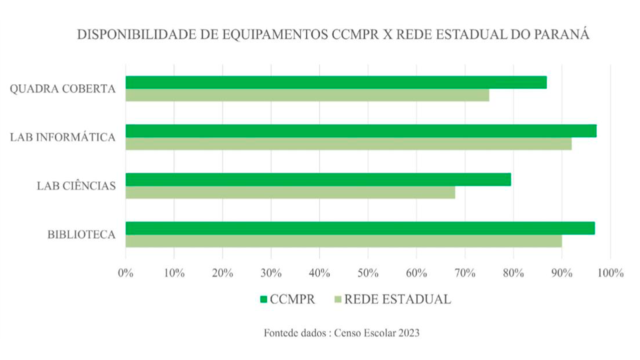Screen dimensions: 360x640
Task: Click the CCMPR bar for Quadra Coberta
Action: point(336,82)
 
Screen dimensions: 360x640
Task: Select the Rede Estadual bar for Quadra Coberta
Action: point(307,95)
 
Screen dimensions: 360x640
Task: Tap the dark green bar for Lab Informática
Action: point(361,131)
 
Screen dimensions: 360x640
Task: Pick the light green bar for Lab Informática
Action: point(349,144)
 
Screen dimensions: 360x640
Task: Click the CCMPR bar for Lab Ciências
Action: point(318,179)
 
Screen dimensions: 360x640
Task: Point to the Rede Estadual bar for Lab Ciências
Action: point(290,193)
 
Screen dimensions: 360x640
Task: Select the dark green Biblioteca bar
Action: point(360,228)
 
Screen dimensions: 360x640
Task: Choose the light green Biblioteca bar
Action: point(344,241)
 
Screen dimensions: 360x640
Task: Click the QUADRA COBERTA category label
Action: point(63,89)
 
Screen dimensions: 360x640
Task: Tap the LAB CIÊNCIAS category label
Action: point(76,186)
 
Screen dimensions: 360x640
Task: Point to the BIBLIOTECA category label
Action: point(81,235)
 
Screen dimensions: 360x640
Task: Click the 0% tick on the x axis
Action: point(126,273)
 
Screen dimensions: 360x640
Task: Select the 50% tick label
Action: point(368,273)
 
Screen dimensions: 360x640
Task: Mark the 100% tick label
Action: point(610,273)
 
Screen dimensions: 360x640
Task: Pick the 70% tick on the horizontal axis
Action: point(465,273)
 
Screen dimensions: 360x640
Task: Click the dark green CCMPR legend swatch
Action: point(264,299)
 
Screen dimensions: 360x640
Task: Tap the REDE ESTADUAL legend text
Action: point(397,299)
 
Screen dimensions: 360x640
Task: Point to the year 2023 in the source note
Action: point(408,333)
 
